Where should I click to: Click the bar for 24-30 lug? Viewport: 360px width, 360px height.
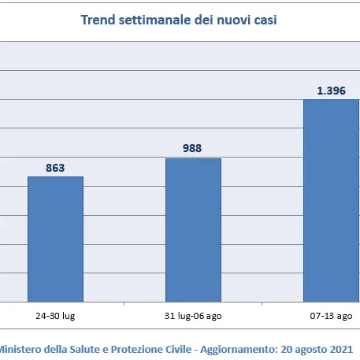[55, 239]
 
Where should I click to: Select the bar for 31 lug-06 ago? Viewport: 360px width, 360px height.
[193, 229]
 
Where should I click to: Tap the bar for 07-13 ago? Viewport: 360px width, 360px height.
[331, 200]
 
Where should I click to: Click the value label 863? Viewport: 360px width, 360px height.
[55, 167]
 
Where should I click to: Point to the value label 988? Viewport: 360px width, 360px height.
[193, 149]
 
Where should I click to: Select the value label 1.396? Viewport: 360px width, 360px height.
[332, 91]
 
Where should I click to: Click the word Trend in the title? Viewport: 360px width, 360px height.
[98, 19]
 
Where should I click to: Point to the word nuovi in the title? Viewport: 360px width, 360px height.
[237, 19]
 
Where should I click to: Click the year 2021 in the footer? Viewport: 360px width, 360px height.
[341, 347]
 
